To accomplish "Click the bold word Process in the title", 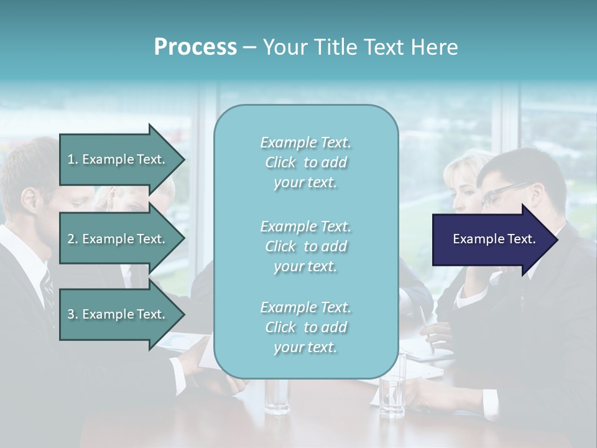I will tap(195, 47).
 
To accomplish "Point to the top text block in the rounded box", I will tap(305, 162).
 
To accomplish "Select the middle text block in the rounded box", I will tap(305, 246).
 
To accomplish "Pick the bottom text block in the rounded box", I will tap(305, 327).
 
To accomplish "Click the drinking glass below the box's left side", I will tap(276, 395).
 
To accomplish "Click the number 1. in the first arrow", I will tap(73, 159).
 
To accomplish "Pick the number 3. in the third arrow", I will tap(73, 314).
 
